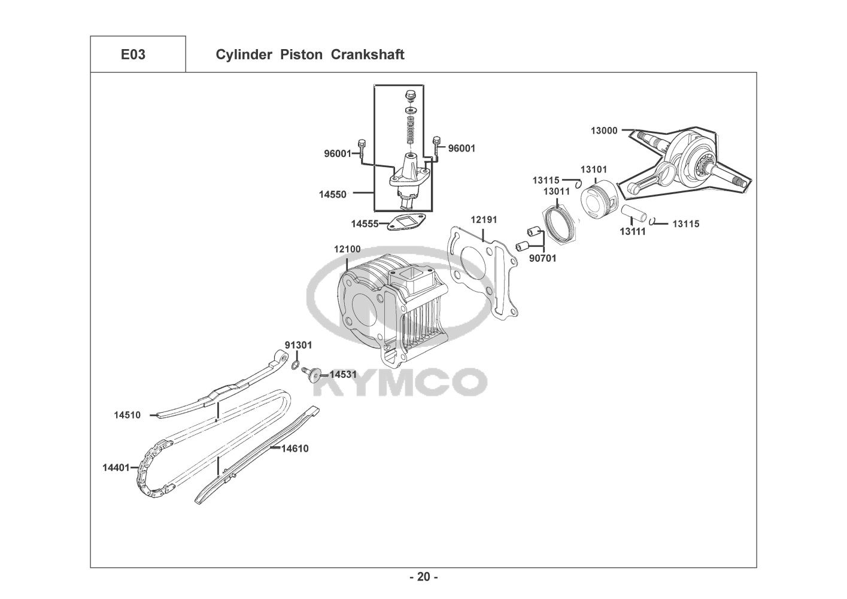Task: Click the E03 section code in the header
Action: [133, 55]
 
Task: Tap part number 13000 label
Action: [604, 131]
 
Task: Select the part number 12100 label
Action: [347, 249]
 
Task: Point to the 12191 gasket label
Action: [483, 220]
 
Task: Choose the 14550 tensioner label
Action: [333, 194]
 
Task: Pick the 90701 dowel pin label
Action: [543, 258]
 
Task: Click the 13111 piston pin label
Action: [633, 231]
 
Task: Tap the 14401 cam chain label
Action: [116, 468]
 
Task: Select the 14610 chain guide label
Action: [295, 448]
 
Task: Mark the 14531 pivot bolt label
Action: [343, 374]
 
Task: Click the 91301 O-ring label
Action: [298, 346]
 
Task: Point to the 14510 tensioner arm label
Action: [127, 415]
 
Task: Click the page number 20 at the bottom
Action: [423, 577]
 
